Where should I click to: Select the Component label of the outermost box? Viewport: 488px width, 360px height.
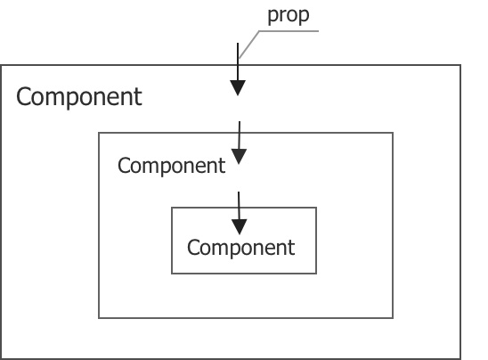coord(78,97)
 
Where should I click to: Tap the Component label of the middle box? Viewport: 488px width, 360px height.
coord(171,166)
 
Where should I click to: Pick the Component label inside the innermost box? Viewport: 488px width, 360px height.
coord(240,247)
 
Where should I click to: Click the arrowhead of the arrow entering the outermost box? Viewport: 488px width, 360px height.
coord(238,87)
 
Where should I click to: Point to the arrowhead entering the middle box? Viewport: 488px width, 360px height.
coord(238,157)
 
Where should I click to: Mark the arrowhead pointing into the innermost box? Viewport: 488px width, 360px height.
coord(238,226)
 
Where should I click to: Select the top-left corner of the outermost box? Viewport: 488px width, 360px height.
coord(1,65)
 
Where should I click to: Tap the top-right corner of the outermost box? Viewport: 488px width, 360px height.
coord(460,65)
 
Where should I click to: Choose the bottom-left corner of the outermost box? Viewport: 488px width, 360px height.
coord(1,358)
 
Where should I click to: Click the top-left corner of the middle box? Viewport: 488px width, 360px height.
coord(99,133)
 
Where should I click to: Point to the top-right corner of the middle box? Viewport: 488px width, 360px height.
coord(393,133)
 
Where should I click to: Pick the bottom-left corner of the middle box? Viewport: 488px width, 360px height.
coord(99,317)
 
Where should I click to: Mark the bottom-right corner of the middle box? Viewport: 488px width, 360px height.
coord(393,317)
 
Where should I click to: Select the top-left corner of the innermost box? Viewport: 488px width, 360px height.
coord(172,208)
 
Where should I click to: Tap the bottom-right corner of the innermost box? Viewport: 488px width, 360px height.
coord(316,274)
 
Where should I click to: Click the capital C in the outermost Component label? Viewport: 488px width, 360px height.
coord(24,97)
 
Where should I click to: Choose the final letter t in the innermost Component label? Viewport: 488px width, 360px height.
coord(291,247)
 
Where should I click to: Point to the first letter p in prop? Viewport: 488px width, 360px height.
coord(272,17)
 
